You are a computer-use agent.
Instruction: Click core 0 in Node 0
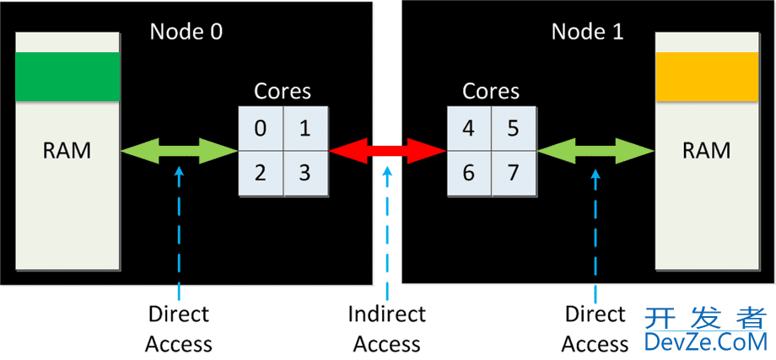click(261, 128)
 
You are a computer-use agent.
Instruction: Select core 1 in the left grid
click(304, 128)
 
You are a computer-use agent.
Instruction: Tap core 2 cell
click(261, 173)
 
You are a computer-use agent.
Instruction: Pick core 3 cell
click(304, 173)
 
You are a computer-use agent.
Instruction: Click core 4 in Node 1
click(469, 128)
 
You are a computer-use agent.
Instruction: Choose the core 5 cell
click(513, 128)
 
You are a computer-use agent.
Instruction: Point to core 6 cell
click(469, 173)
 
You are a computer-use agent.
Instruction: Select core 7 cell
click(513, 173)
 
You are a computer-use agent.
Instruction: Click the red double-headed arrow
click(387, 151)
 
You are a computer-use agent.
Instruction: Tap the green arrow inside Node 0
click(179, 151)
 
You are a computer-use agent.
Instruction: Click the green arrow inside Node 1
click(595, 151)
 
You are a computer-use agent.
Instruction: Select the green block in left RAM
click(67, 76)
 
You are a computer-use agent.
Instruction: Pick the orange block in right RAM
click(707, 76)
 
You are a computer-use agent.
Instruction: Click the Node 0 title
click(186, 32)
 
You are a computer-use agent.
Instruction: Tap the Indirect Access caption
click(387, 329)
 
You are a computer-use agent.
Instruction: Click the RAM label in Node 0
click(67, 152)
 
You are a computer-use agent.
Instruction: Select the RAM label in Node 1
click(707, 152)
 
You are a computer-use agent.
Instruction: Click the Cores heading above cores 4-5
click(491, 91)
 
